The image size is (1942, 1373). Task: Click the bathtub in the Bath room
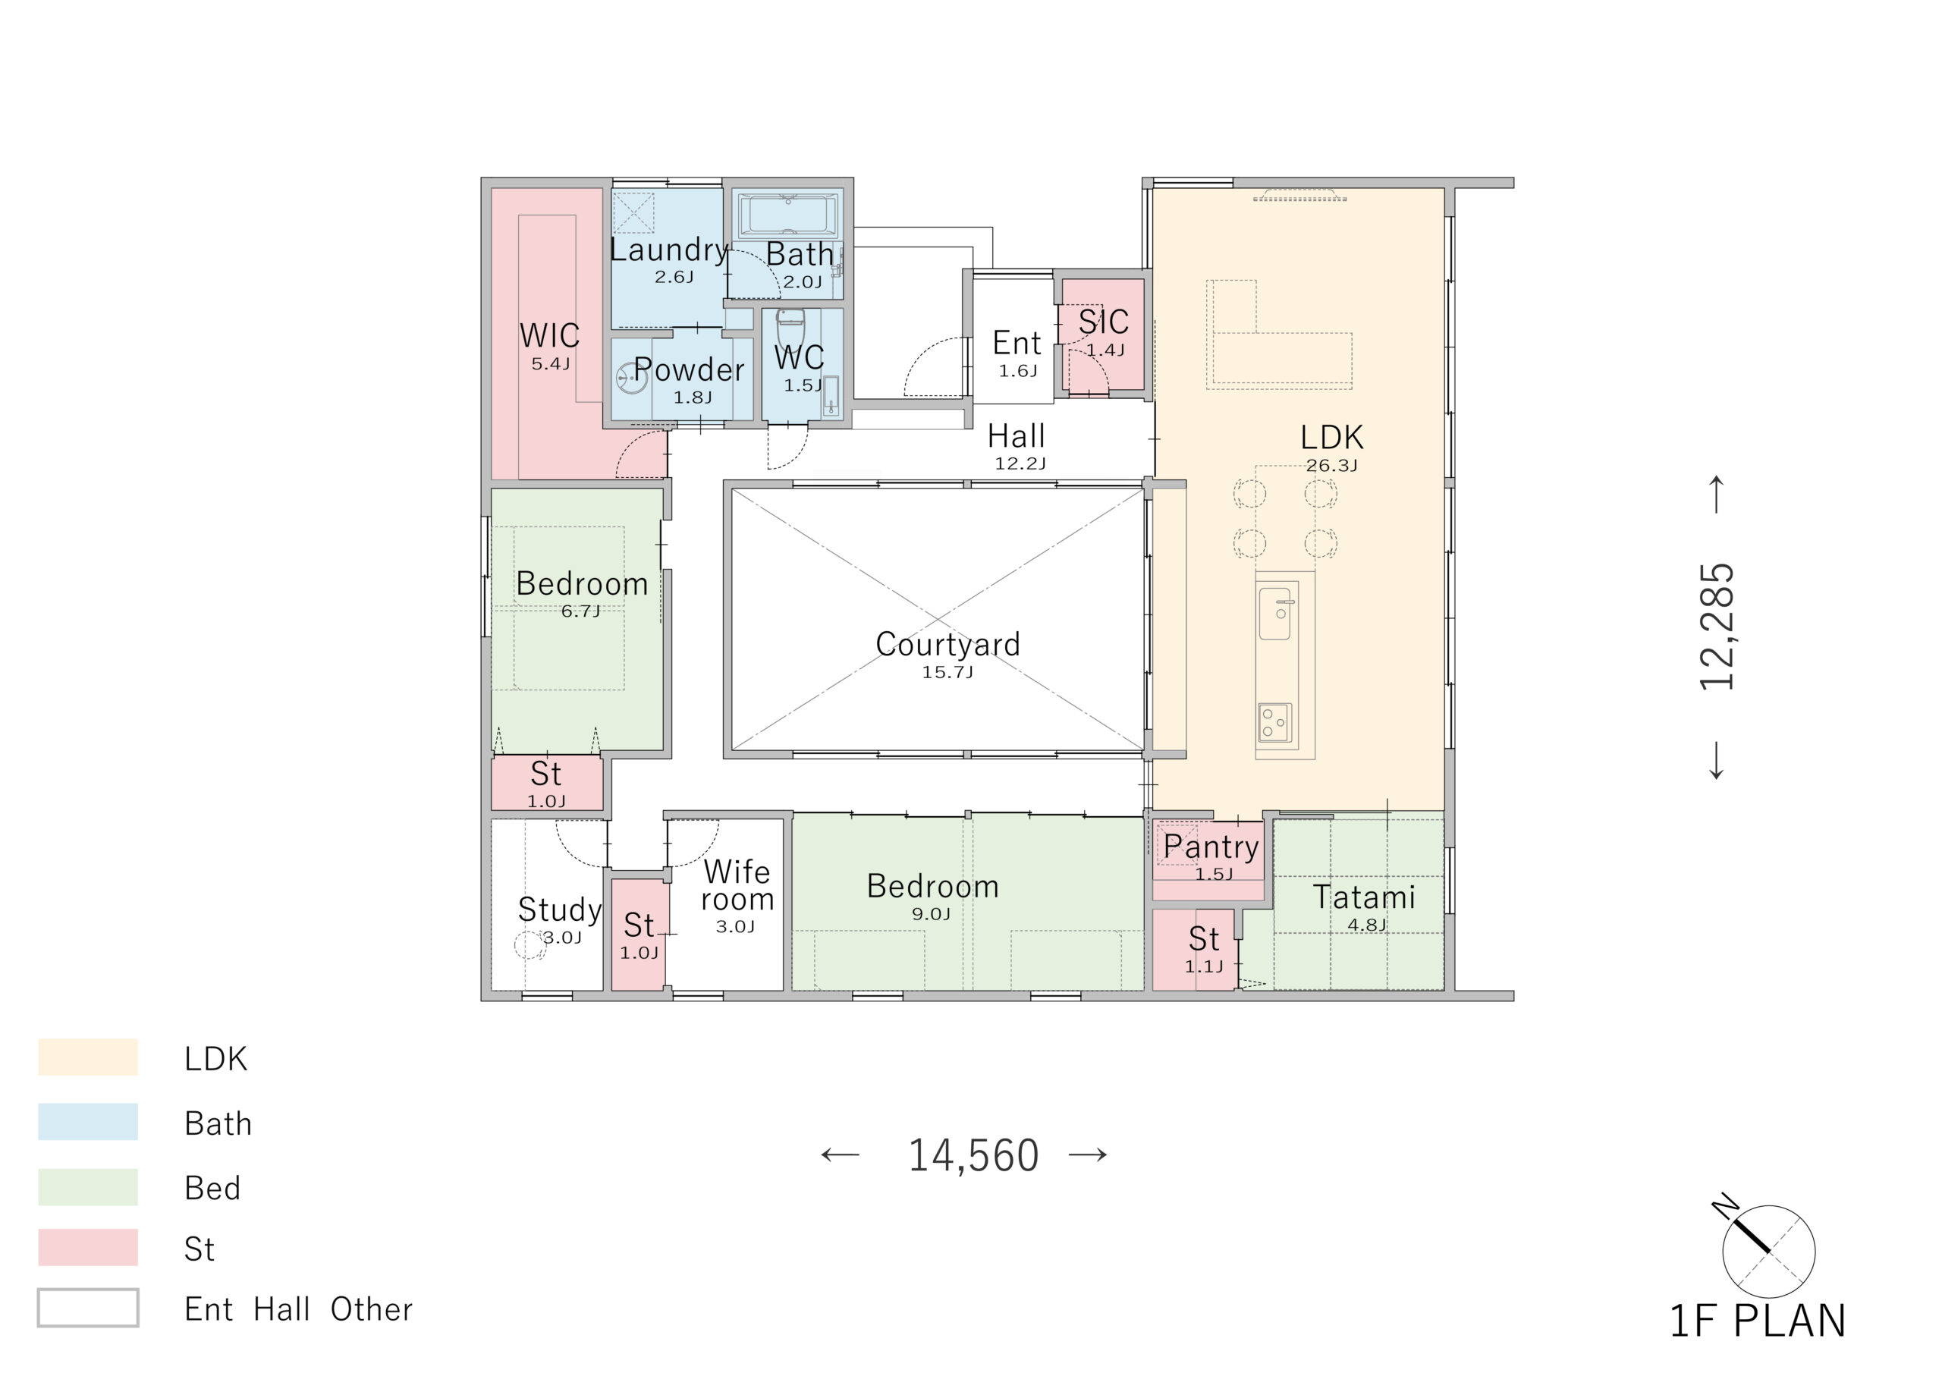tap(788, 215)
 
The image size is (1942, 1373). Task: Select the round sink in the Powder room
tap(630, 377)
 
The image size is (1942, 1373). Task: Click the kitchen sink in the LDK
tap(1274, 614)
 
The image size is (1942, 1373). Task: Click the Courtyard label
tap(947, 645)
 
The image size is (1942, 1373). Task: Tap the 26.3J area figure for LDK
tap(1331, 465)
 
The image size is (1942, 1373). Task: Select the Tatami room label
tap(1363, 897)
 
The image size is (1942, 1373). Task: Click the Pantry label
tap(1211, 847)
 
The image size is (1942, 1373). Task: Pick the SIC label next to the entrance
tap(1103, 322)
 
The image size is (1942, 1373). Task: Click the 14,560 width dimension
tap(973, 1155)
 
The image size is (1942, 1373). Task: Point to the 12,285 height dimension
tap(1717, 627)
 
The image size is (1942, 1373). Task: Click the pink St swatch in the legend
tap(88, 1248)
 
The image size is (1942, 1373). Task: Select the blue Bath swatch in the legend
tap(88, 1122)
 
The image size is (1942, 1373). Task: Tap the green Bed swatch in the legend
tap(88, 1187)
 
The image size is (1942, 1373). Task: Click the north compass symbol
tap(1766, 1248)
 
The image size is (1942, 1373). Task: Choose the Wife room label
tap(737, 885)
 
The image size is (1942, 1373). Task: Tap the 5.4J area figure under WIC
tap(551, 364)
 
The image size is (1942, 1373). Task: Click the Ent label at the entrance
tap(1017, 343)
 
